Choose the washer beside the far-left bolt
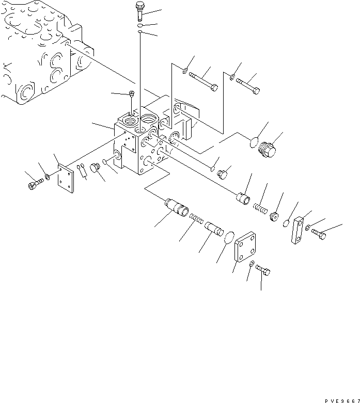(x=47, y=178)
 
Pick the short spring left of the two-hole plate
(x=259, y=208)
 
